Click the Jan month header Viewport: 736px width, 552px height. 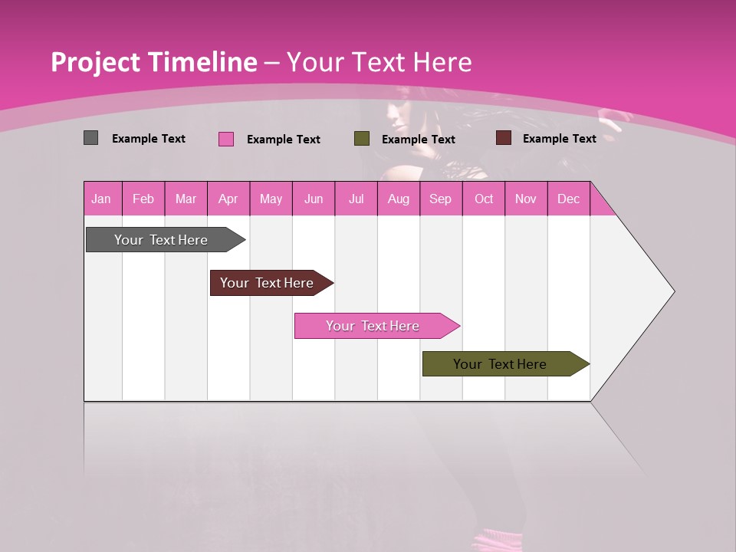coord(102,199)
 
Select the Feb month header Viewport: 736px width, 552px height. coord(143,199)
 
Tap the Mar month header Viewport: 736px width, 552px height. coord(186,199)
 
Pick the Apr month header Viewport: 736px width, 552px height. coord(228,199)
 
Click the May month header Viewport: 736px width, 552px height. coord(271,199)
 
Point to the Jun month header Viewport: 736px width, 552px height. coord(314,199)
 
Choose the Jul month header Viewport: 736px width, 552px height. coord(356,199)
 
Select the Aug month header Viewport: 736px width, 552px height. coord(399,199)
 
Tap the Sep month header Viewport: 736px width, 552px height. coord(441,199)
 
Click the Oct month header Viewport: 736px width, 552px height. coord(484,199)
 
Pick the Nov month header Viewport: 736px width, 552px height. coord(526,199)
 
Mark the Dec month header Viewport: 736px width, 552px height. coord(568,199)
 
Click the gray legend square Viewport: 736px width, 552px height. coord(91,138)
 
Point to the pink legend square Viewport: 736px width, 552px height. coord(226,139)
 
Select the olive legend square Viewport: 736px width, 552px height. coord(362,139)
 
